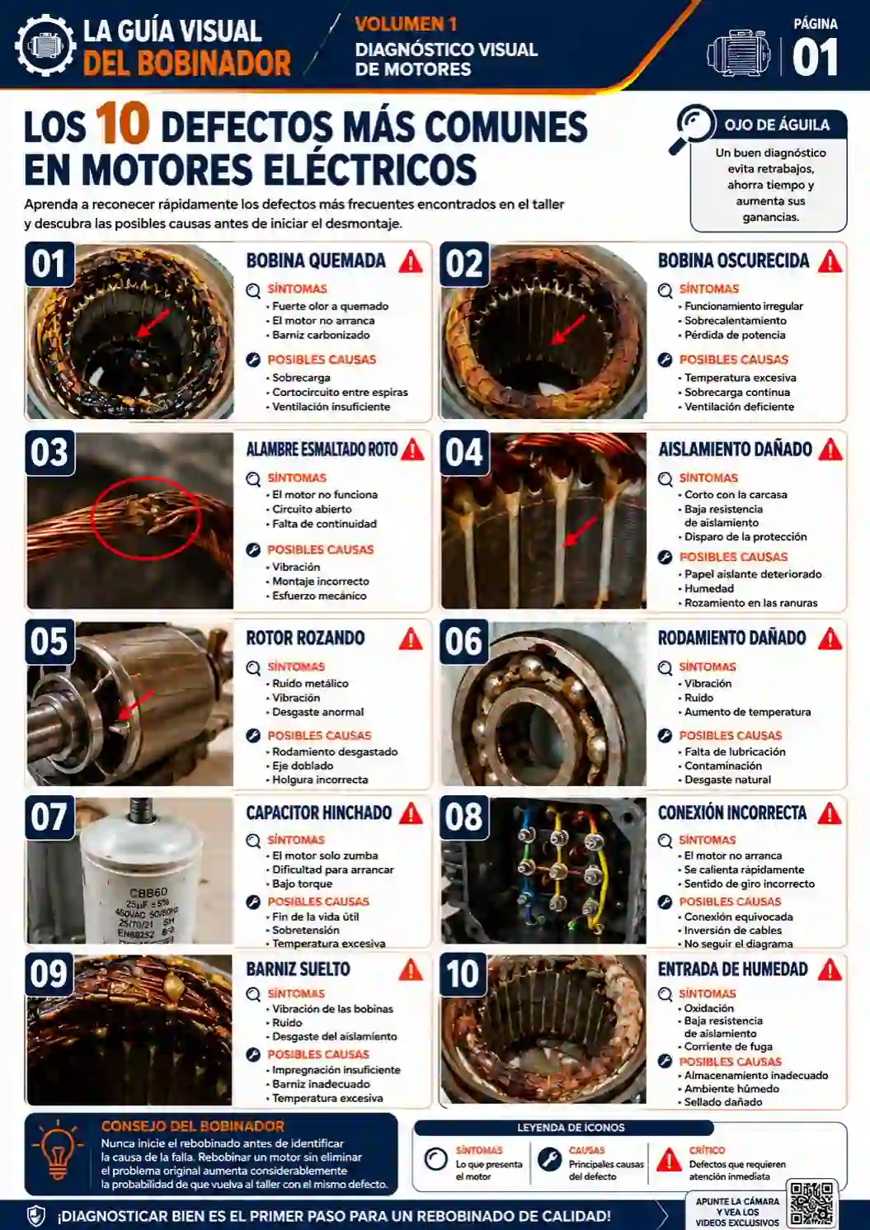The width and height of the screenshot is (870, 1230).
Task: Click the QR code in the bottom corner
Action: (x=811, y=1203)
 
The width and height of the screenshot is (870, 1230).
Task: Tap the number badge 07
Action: (x=49, y=817)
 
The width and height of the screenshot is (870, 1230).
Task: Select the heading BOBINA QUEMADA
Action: (x=316, y=261)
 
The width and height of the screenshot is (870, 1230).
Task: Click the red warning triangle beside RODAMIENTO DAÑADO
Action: (x=830, y=639)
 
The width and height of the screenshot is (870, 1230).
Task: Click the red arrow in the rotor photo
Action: (x=135, y=705)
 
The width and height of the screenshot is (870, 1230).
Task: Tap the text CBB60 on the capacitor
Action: (x=148, y=893)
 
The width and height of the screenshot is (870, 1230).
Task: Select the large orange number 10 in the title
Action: (x=122, y=124)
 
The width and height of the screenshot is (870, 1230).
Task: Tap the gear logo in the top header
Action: (x=45, y=45)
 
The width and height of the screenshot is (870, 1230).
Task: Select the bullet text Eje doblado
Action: (x=303, y=766)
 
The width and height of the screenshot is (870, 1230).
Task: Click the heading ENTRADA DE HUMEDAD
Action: (x=733, y=969)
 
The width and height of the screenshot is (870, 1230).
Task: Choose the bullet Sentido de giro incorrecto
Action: (x=750, y=884)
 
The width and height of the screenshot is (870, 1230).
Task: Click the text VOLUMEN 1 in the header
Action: (x=406, y=24)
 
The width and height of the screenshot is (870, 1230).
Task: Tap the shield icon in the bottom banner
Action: (x=36, y=1216)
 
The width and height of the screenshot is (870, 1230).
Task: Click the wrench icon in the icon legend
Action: (x=549, y=1159)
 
